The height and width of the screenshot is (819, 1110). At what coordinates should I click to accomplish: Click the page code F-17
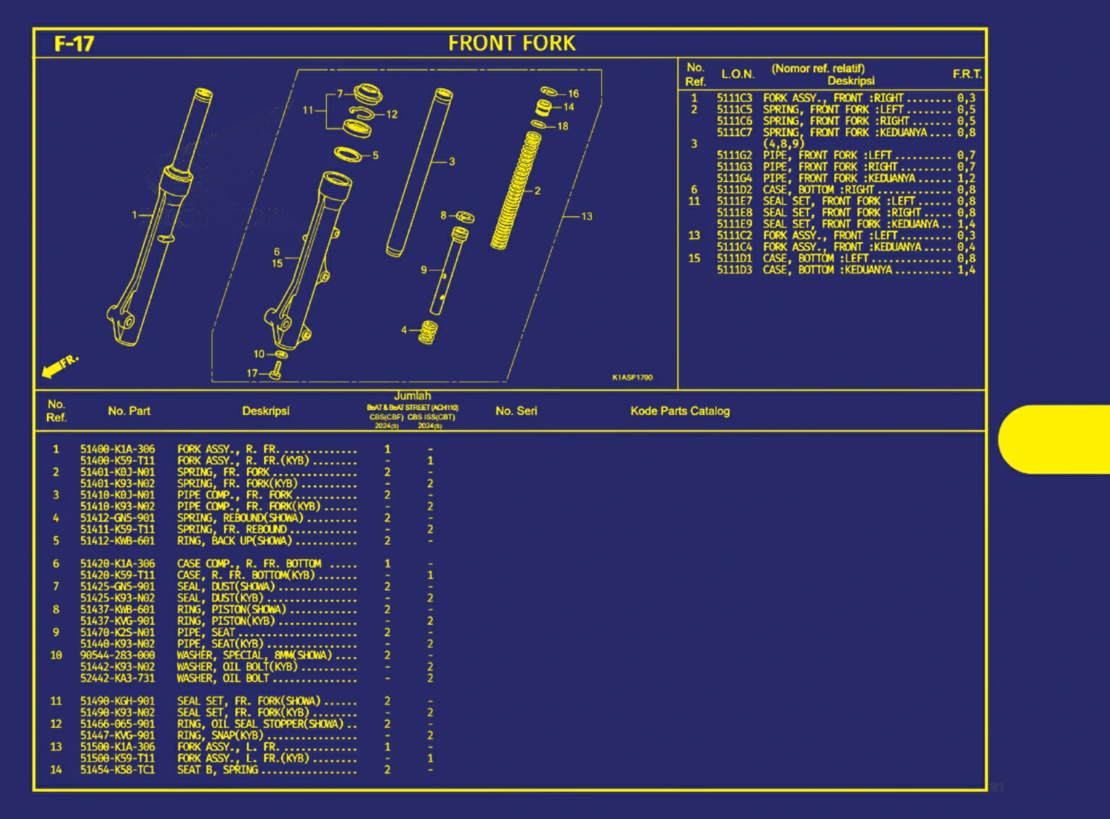pos(74,44)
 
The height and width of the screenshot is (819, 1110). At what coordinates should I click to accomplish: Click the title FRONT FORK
pos(511,44)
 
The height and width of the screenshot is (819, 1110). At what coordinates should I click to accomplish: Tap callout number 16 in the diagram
pos(573,94)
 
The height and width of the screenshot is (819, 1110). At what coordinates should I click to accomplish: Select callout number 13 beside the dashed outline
pos(586,217)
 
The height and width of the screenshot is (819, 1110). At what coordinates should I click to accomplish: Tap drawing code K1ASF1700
pos(632,377)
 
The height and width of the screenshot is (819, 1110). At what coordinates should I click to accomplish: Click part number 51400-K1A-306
pos(117,449)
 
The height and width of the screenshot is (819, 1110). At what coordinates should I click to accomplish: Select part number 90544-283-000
pos(117,655)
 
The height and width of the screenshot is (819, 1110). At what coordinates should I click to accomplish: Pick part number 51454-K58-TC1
pos(117,770)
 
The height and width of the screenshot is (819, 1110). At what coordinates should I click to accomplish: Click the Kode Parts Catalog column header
pos(680,411)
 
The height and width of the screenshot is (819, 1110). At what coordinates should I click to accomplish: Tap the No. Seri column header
pos(516,411)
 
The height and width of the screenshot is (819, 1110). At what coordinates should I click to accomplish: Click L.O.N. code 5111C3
pos(734,98)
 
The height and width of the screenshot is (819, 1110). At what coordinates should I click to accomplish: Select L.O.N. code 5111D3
pos(734,270)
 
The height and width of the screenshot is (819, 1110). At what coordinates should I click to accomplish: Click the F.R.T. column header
pos(967,74)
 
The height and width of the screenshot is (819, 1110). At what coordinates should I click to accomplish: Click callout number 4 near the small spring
pos(404,330)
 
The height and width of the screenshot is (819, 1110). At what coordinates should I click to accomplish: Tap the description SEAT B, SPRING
pos(217,770)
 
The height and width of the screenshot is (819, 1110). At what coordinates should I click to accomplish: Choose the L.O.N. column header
pos(737,74)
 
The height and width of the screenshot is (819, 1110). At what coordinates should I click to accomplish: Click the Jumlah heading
pos(412,396)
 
